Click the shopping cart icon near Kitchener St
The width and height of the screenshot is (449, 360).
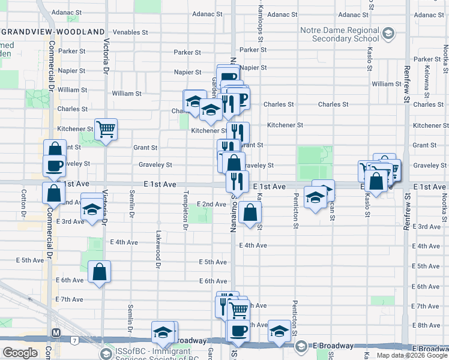(106, 128)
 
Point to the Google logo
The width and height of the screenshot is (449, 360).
(20, 353)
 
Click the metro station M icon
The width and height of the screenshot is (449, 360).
(56, 332)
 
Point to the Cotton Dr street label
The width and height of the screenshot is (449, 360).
(23, 204)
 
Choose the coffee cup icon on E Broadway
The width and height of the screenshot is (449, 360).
(238, 331)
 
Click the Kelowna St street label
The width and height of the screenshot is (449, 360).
(427, 84)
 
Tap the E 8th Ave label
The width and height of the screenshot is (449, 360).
(428, 325)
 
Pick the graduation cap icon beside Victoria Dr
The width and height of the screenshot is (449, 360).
(91, 209)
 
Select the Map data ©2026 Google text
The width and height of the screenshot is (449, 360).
(411, 355)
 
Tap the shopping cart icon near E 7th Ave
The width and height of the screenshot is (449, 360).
(239, 310)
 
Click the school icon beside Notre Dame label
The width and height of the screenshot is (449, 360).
(388, 32)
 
